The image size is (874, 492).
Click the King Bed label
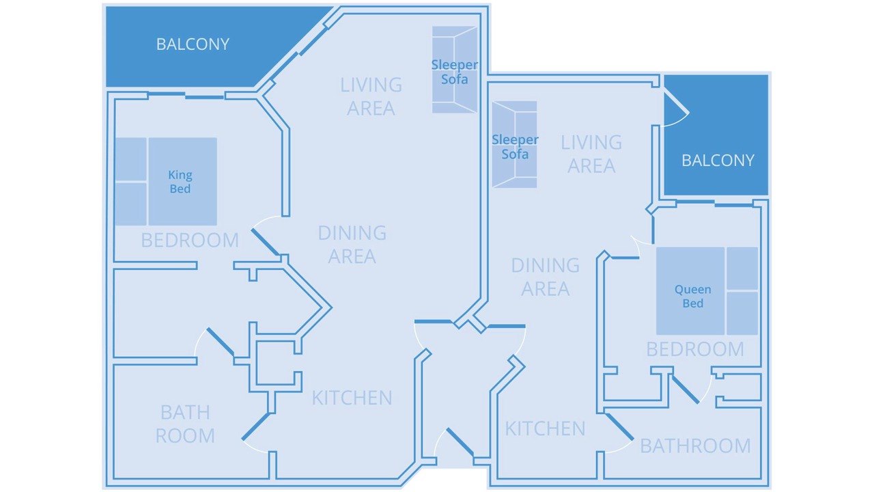(180, 182)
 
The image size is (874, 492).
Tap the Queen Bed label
(692, 297)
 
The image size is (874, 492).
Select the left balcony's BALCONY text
(193, 44)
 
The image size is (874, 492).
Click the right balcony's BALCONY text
(718, 161)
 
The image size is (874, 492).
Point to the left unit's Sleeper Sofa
(455, 70)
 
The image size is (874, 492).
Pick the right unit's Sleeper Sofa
(515, 144)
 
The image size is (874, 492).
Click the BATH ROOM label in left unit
(185, 424)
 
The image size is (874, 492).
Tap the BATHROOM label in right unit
(695, 446)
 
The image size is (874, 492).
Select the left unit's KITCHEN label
(352, 398)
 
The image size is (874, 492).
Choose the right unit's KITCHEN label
(545, 428)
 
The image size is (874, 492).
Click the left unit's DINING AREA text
(352, 245)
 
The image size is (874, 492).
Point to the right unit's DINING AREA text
(545, 277)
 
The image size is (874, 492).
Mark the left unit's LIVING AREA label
(371, 96)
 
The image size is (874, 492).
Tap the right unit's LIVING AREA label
(591, 154)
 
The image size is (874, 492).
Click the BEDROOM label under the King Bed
(190, 240)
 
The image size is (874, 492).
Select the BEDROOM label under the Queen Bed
(695, 349)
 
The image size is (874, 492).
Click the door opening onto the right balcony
(677, 102)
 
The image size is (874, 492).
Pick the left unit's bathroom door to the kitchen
(255, 426)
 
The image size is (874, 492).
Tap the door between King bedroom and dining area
(266, 242)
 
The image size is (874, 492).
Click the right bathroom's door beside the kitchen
(619, 427)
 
